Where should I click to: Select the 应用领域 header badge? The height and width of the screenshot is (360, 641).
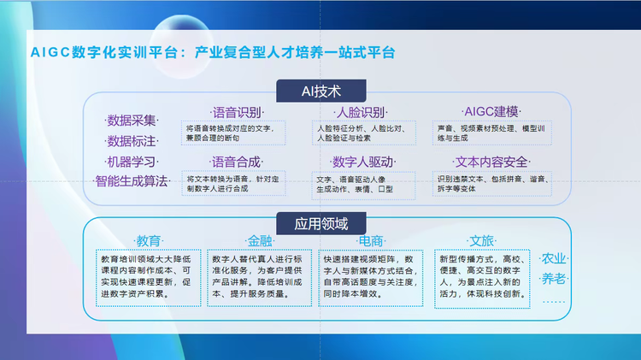pos(321,225)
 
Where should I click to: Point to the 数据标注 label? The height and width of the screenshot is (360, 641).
pos(131,141)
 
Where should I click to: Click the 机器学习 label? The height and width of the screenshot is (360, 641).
pos(131,162)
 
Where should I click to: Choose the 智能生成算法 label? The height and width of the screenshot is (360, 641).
pos(131,181)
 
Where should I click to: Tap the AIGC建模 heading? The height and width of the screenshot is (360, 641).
pos(491,113)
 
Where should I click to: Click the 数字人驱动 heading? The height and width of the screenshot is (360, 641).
pos(362,162)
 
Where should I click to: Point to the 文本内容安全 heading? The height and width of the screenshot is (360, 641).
pos(491,162)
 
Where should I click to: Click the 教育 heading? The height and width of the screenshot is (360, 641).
pos(149,240)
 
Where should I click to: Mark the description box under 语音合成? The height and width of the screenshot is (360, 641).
pos(238,184)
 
